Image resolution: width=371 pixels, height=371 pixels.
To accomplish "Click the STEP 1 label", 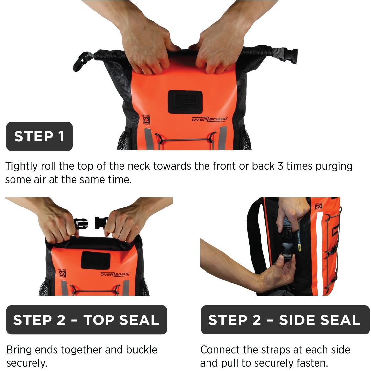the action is click(x=39, y=137).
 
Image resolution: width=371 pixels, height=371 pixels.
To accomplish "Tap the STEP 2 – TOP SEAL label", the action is click(x=87, y=320).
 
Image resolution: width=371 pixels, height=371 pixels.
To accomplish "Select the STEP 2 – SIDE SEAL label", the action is click(x=285, y=320).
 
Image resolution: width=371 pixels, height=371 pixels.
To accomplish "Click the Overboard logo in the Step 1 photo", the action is click(x=209, y=119).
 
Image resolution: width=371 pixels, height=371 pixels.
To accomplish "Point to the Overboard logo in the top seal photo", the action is click(x=115, y=274).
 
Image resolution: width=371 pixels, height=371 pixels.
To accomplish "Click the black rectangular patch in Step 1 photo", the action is click(x=185, y=102).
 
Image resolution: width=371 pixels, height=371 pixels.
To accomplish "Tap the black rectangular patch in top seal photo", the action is click(x=96, y=260).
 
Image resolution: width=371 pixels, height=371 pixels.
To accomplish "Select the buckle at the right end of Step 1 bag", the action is click(x=290, y=55).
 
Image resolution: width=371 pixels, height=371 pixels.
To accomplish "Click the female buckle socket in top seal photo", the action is click(x=101, y=223).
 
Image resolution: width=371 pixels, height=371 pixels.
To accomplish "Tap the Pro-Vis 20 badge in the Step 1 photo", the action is click(x=146, y=120).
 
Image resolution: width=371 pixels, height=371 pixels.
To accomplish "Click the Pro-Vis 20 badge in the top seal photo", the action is click(x=62, y=273).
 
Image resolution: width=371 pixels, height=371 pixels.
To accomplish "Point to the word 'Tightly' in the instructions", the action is click(x=21, y=166).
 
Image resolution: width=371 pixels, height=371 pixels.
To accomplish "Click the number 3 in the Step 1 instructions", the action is click(x=280, y=166).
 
